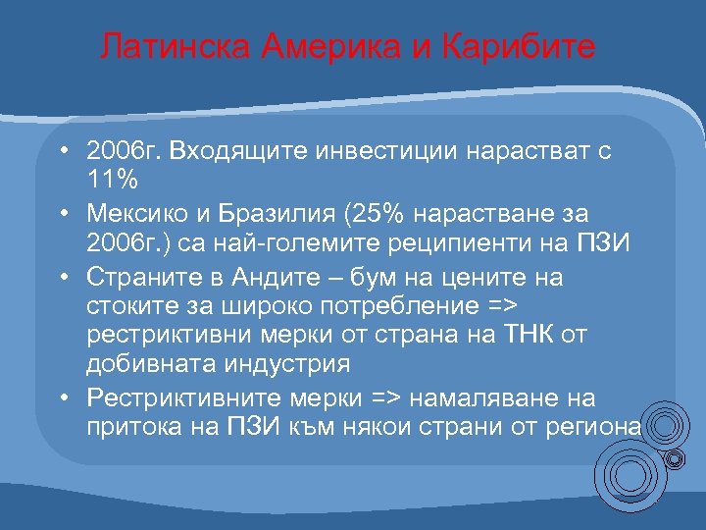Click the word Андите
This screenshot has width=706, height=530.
(274, 277)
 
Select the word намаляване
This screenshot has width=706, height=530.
(485, 397)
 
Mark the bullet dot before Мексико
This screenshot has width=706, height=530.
(61, 213)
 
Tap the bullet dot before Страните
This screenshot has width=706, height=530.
(61, 277)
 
